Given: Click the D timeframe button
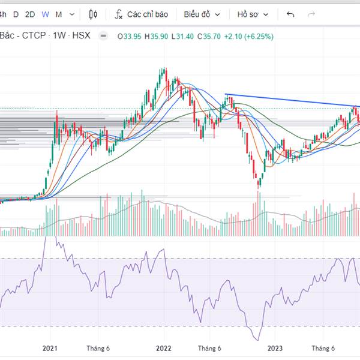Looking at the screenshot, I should click(x=16, y=14).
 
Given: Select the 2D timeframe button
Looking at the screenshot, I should click(x=30, y=14).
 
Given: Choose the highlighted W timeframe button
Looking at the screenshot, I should click(x=45, y=14).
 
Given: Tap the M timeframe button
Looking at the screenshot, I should click(x=58, y=14).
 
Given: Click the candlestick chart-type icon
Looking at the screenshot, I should click(x=93, y=14).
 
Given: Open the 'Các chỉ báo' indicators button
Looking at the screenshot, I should click(x=142, y=14).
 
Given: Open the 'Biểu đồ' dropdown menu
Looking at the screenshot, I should click(x=202, y=14).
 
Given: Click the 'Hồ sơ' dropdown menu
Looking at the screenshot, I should click(x=252, y=14).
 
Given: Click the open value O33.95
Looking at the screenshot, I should click(x=129, y=36).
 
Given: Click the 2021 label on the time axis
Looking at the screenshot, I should click(x=50, y=348).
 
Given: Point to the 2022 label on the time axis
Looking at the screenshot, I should click(x=163, y=348).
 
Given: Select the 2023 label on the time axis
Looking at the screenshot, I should click(x=275, y=348).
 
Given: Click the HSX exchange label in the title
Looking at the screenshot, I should click(x=81, y=36).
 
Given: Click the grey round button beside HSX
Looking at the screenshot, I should click(x=103, y=36).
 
